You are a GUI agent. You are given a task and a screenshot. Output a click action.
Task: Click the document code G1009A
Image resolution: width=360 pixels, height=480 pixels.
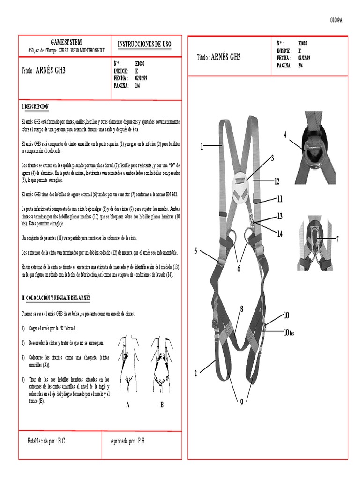pos(336,20)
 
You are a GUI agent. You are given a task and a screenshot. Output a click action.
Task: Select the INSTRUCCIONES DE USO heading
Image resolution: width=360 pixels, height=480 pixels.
pos(144,44)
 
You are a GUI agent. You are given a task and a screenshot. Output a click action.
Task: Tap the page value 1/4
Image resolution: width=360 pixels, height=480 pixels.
pos(138,86)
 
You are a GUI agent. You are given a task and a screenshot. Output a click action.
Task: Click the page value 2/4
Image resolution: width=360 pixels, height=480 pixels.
pos(300,66)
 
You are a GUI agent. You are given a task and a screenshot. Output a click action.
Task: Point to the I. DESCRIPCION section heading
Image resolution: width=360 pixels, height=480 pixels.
pos(35,107)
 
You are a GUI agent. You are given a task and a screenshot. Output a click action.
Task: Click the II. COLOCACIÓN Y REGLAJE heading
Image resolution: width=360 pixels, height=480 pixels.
pos(56,298)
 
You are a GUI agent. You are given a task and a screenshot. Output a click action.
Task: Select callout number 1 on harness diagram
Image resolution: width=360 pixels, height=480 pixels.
pos(202,147)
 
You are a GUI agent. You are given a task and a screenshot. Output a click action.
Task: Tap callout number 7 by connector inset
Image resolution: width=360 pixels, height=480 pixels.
pos(337,239)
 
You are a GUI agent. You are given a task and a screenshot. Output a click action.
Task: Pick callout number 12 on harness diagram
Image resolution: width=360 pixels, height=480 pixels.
pos(277,181)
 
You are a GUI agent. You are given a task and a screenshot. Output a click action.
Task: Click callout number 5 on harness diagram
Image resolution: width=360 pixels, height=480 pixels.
pos(196,251)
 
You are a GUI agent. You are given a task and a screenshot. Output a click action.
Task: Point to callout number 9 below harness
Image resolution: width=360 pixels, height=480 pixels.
pos(242,402)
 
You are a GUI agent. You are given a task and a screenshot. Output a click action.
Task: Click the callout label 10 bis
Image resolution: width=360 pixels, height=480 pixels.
pos(288,332)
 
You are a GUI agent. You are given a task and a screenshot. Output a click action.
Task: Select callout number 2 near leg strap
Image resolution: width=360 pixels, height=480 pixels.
pos(196,374)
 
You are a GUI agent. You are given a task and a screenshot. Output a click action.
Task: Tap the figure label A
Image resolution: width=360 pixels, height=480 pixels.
pos(127,405)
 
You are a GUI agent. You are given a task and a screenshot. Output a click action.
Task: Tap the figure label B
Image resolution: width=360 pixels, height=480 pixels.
pos(162,405)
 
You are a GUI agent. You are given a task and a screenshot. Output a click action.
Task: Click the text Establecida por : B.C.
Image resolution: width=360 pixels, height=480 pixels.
pos(47,441)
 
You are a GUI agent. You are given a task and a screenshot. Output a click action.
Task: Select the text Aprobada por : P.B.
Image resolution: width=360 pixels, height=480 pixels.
pos(128,441)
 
